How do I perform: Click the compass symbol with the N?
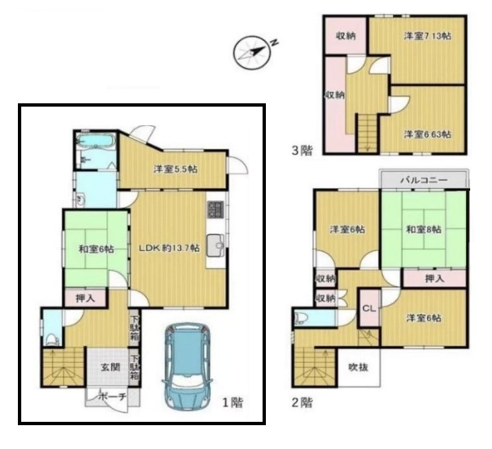252,52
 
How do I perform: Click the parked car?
188,367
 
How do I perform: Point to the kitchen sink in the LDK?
215,246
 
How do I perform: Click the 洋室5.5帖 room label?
176,169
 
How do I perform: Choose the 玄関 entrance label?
111,367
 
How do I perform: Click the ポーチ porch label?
112,397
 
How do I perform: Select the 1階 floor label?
233,403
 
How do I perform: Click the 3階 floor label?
302,150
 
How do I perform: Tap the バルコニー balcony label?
424,180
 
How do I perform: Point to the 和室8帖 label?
424,229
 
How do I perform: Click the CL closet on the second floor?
369,308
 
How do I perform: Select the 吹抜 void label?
358,367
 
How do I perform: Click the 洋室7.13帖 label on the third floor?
428,36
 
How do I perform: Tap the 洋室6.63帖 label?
428,134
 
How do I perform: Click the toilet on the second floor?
300,319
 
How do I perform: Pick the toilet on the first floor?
52,340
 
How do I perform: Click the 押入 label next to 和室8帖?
434,278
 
